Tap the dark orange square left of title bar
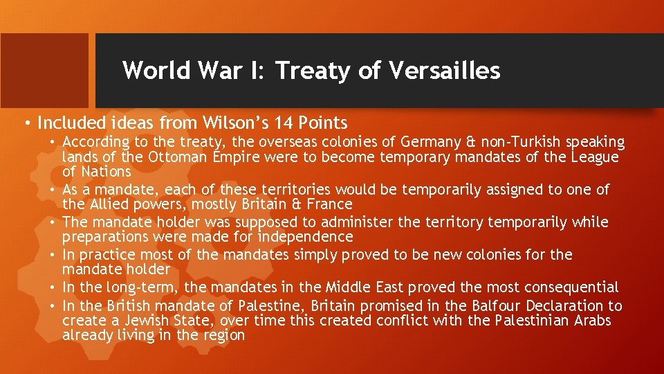44,70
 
